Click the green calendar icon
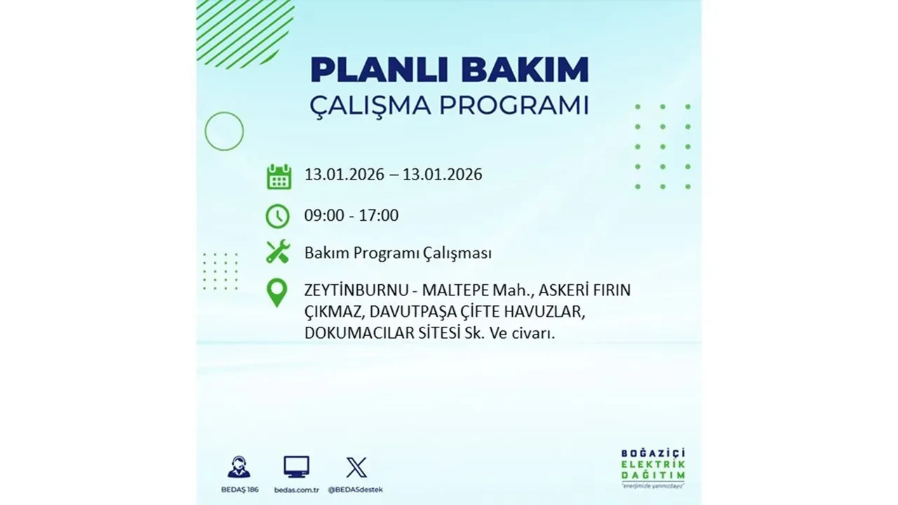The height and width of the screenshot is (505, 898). click(279, 176)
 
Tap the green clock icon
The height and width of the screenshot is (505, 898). click(278, 216)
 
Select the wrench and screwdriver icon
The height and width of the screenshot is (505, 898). click(278, 252)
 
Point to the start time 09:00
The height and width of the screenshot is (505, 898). click(324, 215)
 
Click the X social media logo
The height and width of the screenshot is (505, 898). click(356, 467)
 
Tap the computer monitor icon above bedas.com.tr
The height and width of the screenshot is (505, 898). click(296, 466)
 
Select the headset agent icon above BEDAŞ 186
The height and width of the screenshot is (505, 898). click(239, 467)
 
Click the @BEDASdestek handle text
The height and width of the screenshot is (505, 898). click(356, 489)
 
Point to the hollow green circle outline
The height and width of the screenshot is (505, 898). click(224, 131)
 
